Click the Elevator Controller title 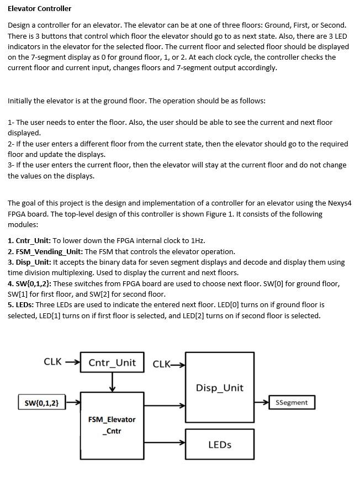point(39,8)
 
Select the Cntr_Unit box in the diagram point(112,362)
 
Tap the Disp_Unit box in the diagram point(219,387)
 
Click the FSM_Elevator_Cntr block point(112,425)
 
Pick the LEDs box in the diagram point(219,444)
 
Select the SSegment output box point(292,402)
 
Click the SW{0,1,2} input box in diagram point(41,403)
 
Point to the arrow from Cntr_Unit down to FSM point(112,382)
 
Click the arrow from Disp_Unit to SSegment point(261,402)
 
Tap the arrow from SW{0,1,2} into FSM point(73,403)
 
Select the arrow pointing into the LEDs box point(165,443)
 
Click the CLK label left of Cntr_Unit point(52,362)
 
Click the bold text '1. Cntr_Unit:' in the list point(29,241)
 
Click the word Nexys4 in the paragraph point(339,203)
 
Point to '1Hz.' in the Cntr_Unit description point(197,241)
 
